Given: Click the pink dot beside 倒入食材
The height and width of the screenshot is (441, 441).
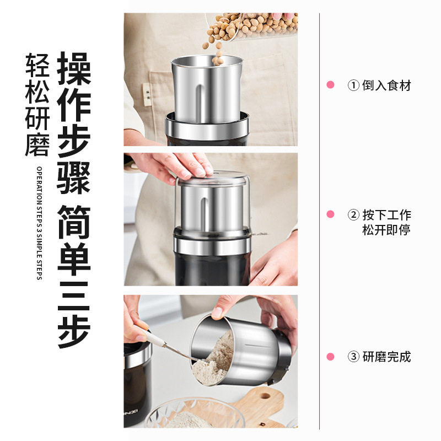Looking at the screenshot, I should tap(331, 85).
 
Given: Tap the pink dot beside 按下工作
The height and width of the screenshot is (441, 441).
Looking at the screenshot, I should tap(331, 214).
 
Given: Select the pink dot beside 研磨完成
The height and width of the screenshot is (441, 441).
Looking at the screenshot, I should tap(331, 357).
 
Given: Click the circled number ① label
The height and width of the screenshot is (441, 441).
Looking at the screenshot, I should tap(353, 85).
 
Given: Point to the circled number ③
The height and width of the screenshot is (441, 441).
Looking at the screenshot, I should tap(353, 357).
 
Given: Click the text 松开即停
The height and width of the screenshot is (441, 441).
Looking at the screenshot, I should tap(386, 230).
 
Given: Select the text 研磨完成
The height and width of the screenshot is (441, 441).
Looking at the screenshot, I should tap(386, 357).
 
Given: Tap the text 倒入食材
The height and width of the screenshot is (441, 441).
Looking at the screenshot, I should tap(386, 85).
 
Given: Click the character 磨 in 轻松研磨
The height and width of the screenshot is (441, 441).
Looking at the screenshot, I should tap(37, 144).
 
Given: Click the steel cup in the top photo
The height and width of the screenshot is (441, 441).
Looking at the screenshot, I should tap(207, 91).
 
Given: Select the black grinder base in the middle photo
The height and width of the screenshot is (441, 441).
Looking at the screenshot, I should tap(212, 267).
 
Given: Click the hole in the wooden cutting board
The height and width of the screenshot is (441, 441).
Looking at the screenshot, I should tap(265, 395).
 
